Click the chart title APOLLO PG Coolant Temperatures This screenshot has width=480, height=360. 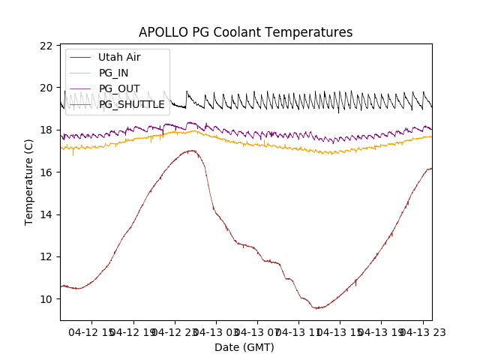pos(245,32)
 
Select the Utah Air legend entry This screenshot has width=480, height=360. pos(119,57)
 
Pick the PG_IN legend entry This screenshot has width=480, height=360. pos(113,73)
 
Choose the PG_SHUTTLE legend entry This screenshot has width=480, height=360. pos(132,104)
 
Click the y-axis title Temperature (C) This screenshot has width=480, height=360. pos(29,182)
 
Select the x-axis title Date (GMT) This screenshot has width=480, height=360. pos(244,347)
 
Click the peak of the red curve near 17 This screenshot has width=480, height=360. pos(192,150)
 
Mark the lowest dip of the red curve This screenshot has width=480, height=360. pos(318,308)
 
